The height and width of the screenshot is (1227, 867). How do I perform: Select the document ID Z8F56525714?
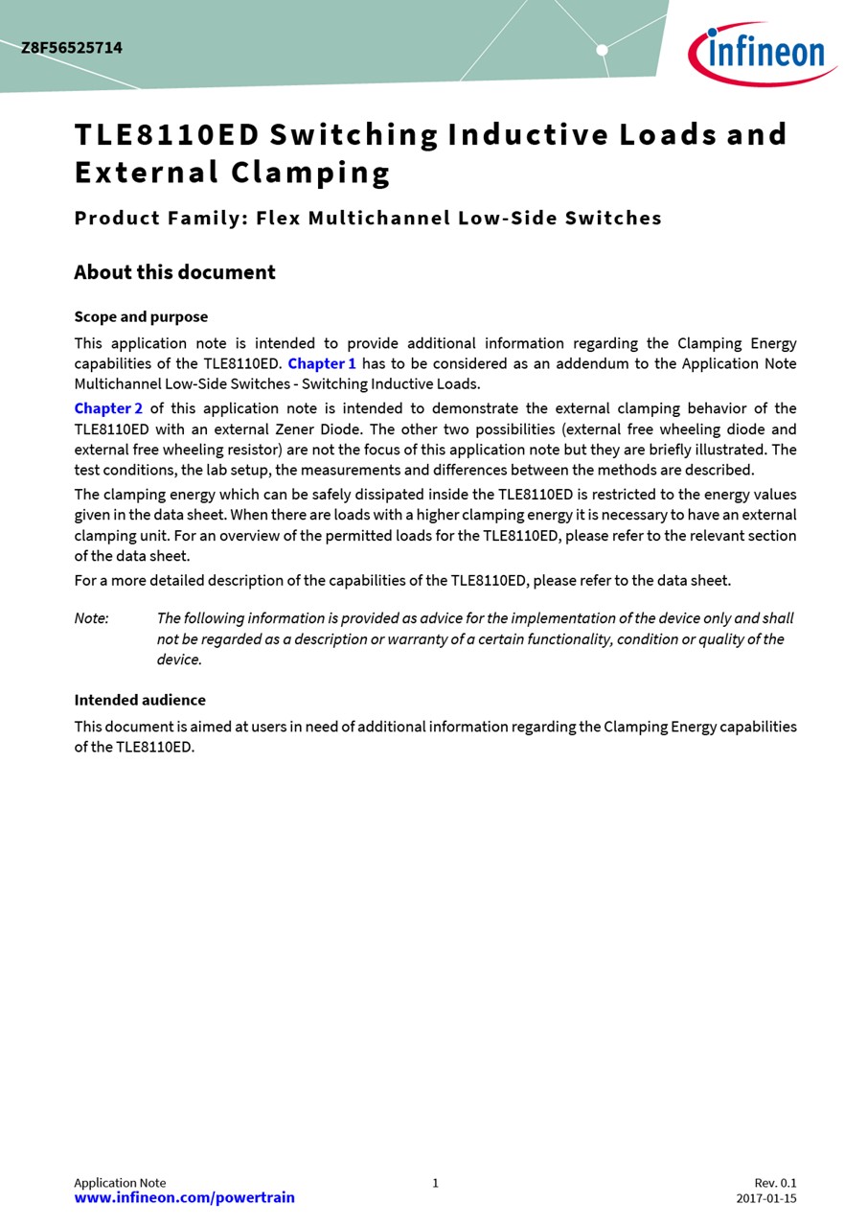[72, 48]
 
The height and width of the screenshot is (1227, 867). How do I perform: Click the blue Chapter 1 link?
[322, 363]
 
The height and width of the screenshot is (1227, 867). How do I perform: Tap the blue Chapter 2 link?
[108, 408]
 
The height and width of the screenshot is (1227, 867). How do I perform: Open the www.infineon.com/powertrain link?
[184, 1197]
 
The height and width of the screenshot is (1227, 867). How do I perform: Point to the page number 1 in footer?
[435, 1183]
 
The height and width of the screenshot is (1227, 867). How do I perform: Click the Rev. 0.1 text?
[775, 1183]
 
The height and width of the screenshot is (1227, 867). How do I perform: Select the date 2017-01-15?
[765, 1198]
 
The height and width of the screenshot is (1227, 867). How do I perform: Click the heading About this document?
[174, 272]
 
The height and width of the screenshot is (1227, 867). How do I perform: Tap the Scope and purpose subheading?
[141, 316]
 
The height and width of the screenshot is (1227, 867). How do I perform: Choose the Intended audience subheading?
[140, 700]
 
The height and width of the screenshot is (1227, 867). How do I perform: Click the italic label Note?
[91, 618]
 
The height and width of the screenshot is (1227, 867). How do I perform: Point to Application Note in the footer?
[120, 1183]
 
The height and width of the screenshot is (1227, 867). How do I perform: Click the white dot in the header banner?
[602, 50]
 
